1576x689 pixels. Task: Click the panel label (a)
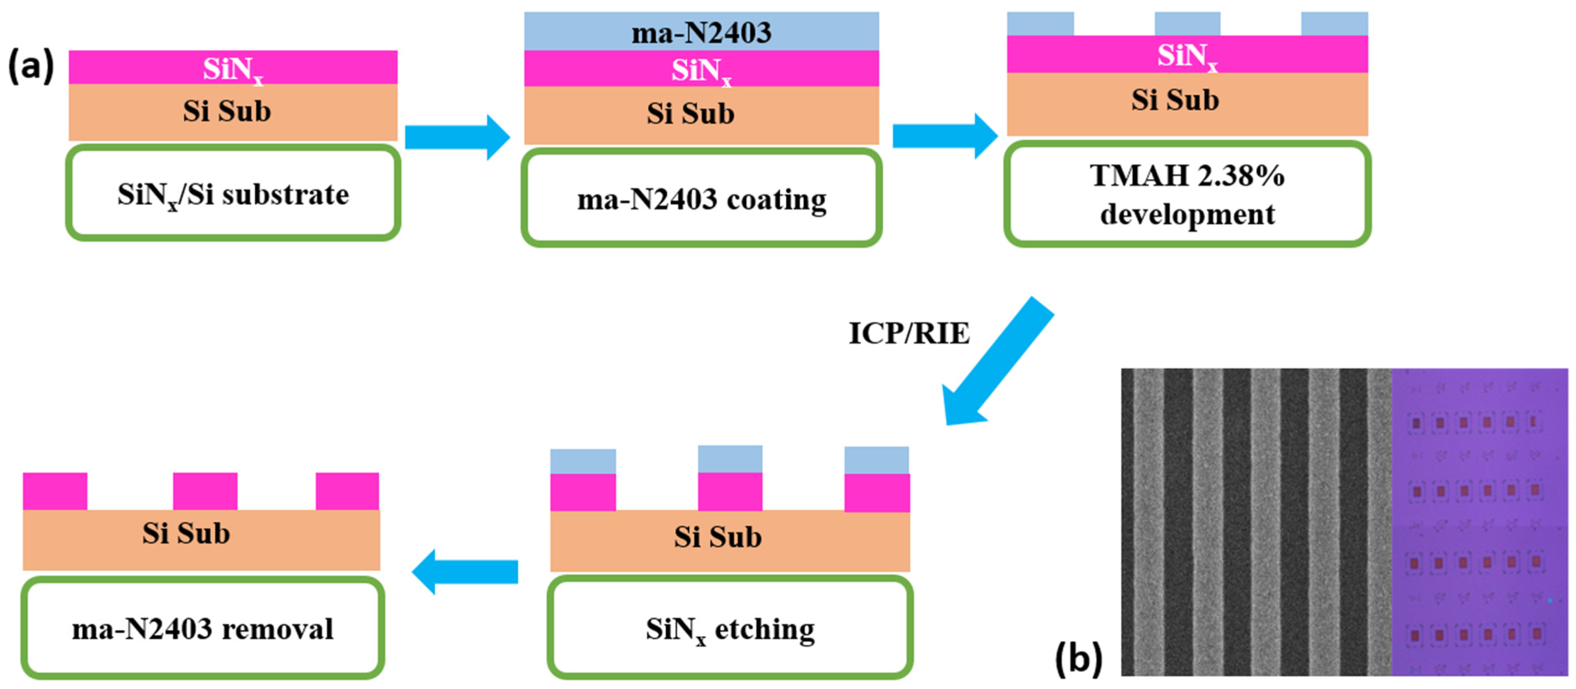31,66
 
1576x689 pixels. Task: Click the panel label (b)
1078,659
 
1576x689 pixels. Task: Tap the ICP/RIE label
909,333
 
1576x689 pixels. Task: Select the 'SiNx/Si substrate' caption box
233,193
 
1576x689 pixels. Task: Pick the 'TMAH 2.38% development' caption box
1187,194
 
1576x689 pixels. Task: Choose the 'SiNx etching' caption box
730,628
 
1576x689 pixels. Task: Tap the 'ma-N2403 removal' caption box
202,628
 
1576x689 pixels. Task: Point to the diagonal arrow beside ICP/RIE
997,361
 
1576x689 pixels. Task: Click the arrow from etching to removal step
465,572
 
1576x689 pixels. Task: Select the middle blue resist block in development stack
1187,24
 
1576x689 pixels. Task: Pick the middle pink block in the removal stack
205,491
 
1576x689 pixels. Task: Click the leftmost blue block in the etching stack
583,461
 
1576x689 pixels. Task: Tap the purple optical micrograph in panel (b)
1479,521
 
